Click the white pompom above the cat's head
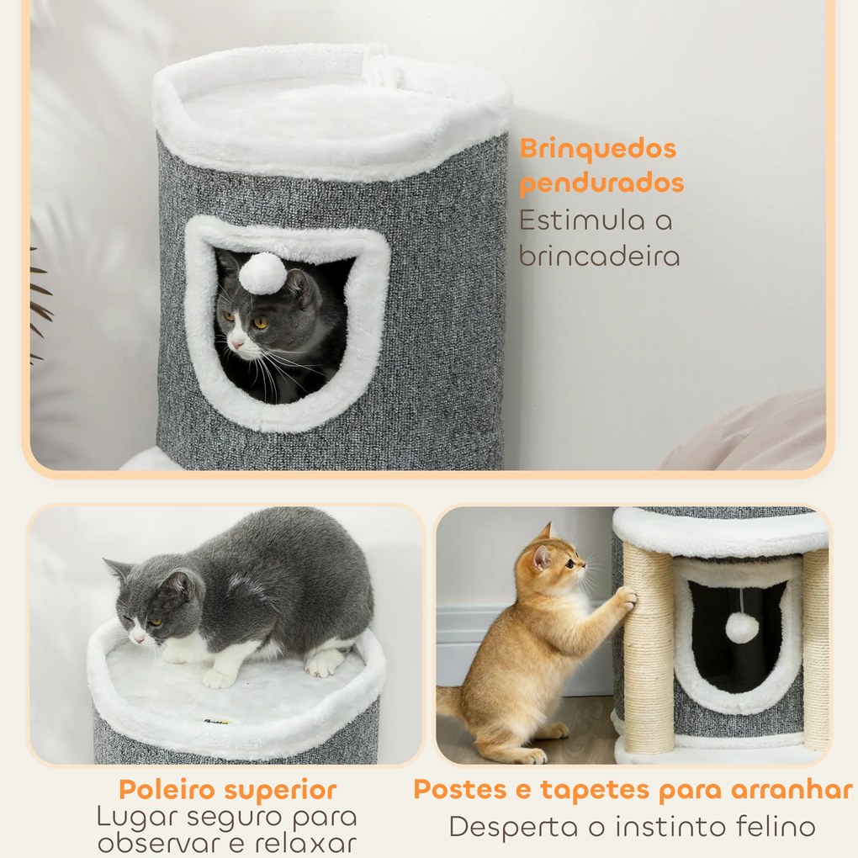point(262,273)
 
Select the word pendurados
point(601,183)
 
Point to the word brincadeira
point(599,256)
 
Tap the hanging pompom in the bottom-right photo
point(741,628)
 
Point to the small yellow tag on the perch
point(220,721)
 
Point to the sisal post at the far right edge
point(814,648)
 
